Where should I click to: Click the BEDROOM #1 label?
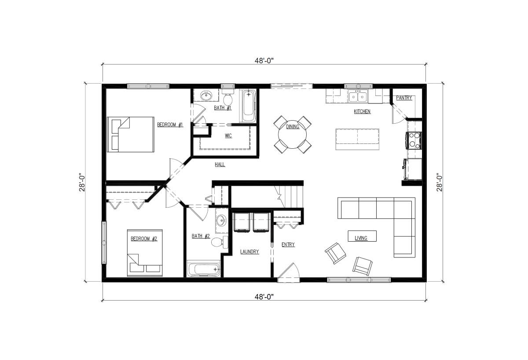[170, 125]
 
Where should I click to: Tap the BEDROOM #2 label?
[144, 239]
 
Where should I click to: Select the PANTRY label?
[404, 98]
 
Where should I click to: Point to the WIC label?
[228, 136]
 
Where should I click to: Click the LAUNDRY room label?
[249, 252]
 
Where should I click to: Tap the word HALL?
[220, 164]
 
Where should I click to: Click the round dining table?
[293, 134]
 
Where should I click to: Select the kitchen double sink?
[358, 96]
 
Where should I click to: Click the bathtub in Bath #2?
[203, 269]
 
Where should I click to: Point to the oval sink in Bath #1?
[206, 95]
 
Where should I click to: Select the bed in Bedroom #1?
[130, 135]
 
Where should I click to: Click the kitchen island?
[357, 139]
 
